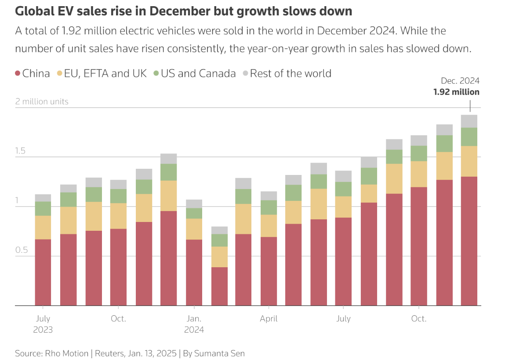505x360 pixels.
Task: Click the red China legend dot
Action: click(18, 74)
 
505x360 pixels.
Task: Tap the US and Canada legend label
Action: click(198, 73)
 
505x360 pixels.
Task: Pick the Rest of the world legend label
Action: click(291, 73)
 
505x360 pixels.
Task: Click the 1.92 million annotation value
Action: click(456, 92)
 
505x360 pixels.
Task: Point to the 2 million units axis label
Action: click(42, 102)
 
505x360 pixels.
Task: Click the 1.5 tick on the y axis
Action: click(21, 151)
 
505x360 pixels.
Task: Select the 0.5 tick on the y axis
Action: click(21, 250)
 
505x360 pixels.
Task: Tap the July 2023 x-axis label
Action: click(43, 324)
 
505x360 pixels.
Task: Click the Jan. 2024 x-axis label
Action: click(194, 324)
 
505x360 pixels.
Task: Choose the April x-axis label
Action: click(269, 319)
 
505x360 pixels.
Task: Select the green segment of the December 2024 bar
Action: click(469, 137)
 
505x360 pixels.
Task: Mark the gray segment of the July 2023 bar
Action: click(43, 198)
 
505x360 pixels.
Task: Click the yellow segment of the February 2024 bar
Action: click(219, 257)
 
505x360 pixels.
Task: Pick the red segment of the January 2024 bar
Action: click(194, 273)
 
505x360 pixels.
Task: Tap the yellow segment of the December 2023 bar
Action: click(169, 196)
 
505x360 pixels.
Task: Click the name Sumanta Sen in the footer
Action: click(220, 353)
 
